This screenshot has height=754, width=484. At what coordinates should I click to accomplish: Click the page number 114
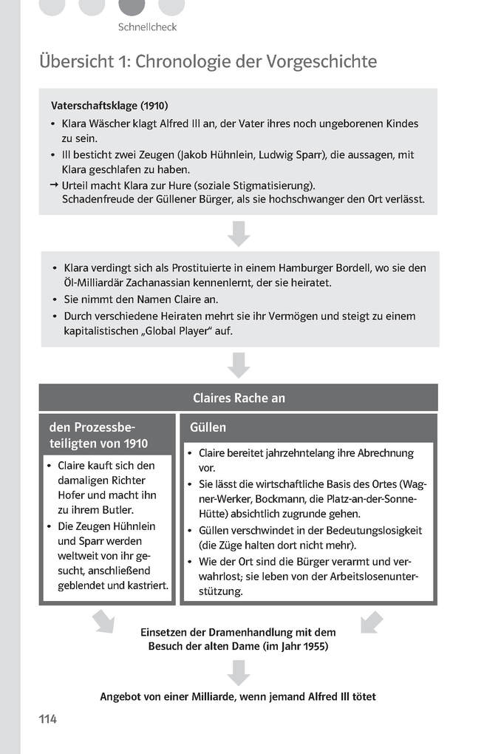pyautogui.click(x=48, y=719)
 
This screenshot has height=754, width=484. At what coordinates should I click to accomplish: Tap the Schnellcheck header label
pyautogui.click(x=147, y=27)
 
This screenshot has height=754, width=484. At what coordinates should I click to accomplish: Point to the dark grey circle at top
pyautogui.click(x=132, y=6)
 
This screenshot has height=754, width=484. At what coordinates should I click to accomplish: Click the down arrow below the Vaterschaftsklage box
pyautogui.click(x=238, y=232)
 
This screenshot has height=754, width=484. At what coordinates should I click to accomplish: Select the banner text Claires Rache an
pyautogui.click(x=238, y=398)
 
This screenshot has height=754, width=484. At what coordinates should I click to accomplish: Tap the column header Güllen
pyautogui.click(x=208, y=427)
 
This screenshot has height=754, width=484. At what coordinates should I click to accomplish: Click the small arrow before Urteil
pyautogui.click(x=54, y=185)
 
